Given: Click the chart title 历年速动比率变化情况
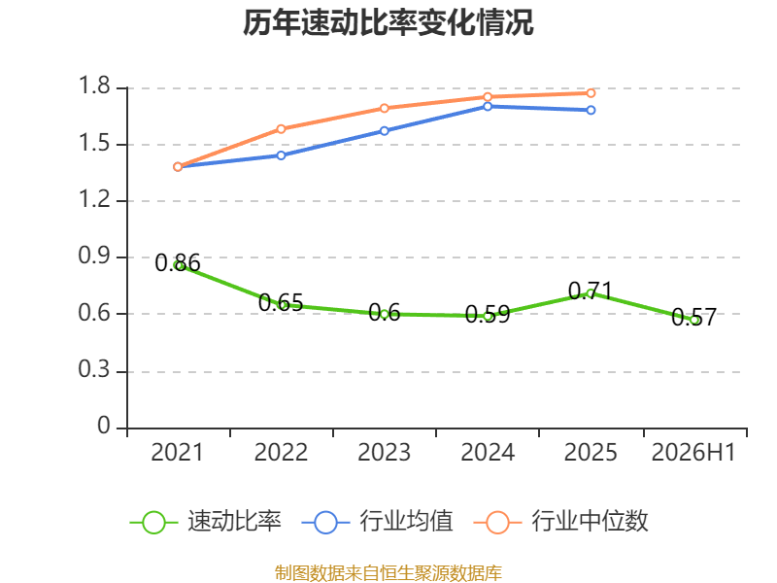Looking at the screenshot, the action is [x=388, y=22].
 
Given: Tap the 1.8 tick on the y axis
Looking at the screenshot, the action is [x=94, y=86].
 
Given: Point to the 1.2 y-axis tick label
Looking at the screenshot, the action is [x=94, y=199].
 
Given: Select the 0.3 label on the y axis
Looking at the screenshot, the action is [x=94, y=369].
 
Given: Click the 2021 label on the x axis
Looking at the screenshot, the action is [x=177, y=452].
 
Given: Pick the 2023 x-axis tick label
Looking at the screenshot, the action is [x=384, y=452].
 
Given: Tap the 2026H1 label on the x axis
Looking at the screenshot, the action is [x=693, y=452].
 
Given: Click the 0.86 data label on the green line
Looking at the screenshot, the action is [x=178, y=262].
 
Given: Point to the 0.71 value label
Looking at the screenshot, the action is [x=591, y=291].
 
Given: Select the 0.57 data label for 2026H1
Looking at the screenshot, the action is [x=693, y=318].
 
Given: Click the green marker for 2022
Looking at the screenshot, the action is [x=281, y=304].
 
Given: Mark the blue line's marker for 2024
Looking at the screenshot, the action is [x=488, y=106].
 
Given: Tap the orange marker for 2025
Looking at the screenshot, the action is [x=591, y=93].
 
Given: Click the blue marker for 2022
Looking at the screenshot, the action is [x=281, y=155].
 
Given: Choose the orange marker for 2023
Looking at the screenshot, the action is [x=384, y=108].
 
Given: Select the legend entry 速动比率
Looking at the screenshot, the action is [x=206, y=522].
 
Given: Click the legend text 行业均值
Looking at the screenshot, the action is [x=406, y=522].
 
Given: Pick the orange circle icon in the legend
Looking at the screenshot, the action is [x=497, y=523].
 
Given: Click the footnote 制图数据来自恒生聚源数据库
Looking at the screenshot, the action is [x=388, y=572].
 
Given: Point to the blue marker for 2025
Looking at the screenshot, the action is [x=591, y=110].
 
